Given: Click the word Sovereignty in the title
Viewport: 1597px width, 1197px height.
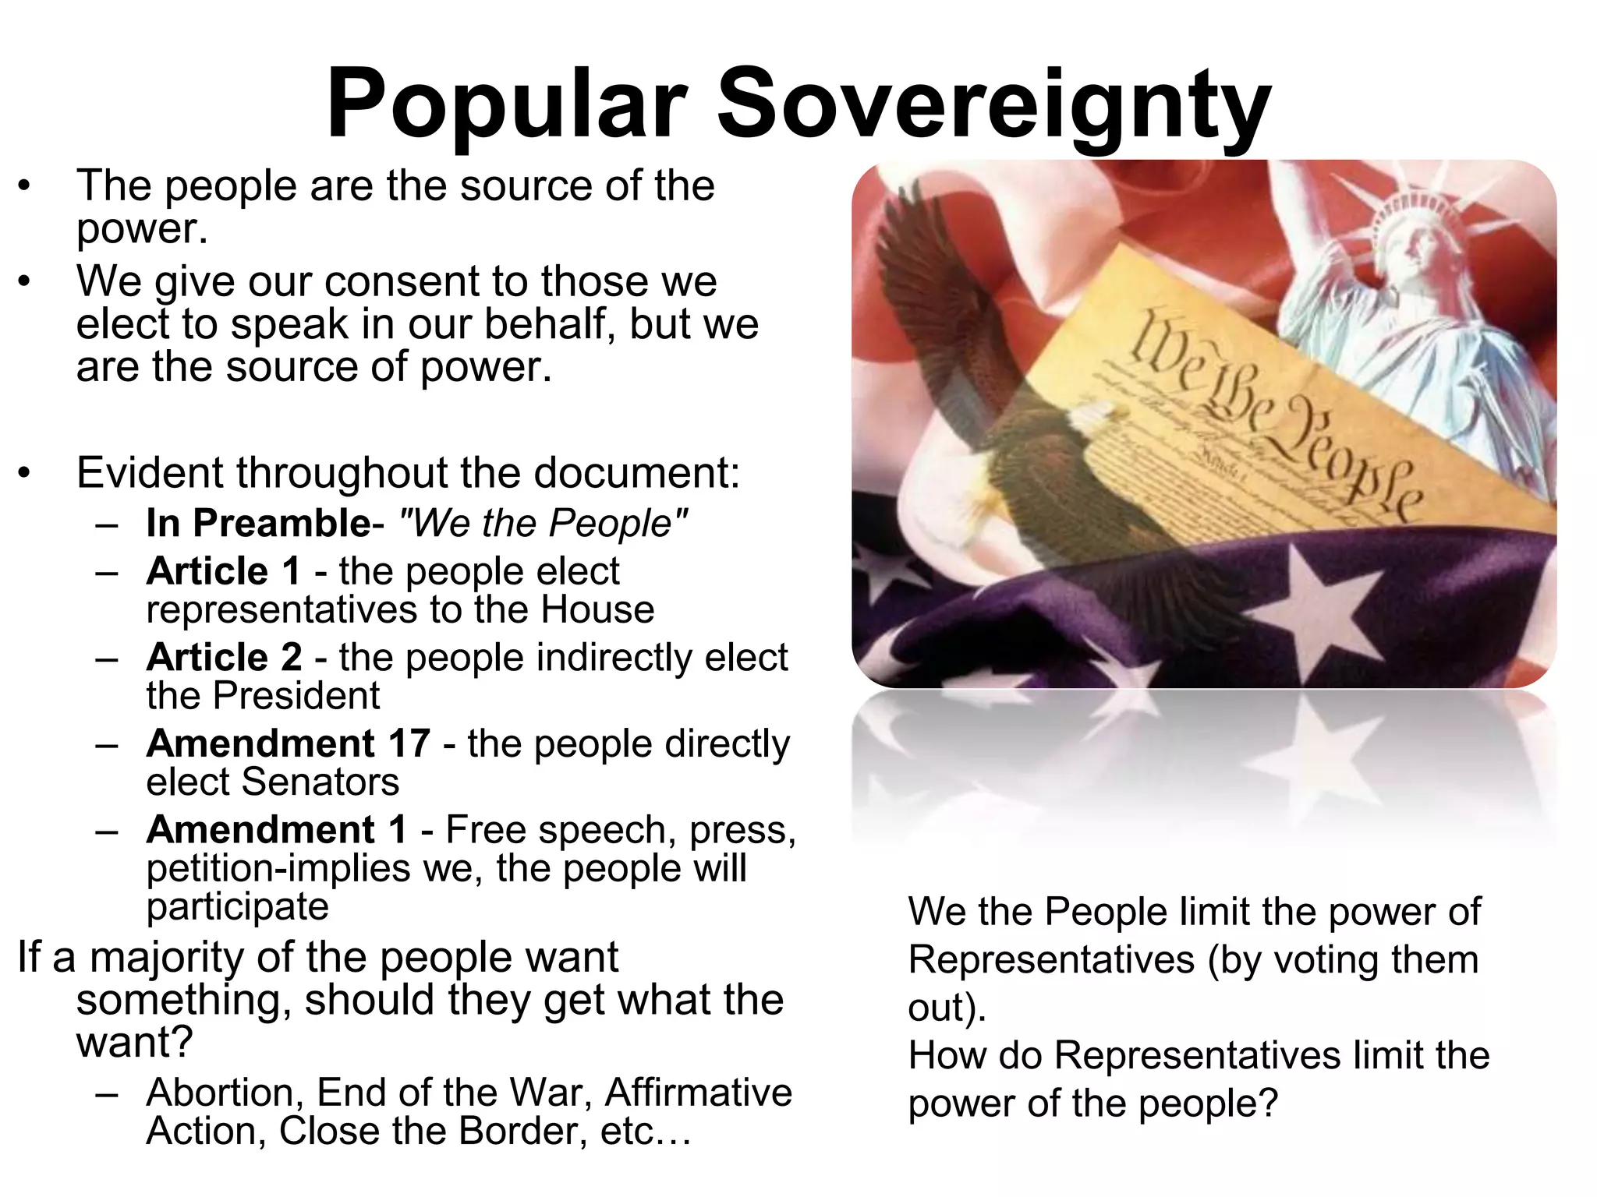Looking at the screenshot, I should click(x=994, y=105).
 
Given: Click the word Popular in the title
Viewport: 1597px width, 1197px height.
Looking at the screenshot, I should click(x=506, y=105).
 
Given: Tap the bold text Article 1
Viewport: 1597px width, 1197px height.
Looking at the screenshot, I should click(x=223, y=571).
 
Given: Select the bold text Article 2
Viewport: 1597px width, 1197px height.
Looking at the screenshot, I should click(x=224, y=657).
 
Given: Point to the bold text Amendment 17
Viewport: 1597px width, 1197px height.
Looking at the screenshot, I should click(x=288, y=743).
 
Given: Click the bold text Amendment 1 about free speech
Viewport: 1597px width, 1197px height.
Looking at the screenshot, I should click(x=276, y=829).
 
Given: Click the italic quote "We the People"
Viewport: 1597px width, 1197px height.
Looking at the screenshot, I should click(x=544, y=523).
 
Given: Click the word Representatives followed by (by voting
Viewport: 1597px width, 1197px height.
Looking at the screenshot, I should click(x=1051, y=959).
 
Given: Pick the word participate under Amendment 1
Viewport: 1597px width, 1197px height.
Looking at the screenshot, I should click(x=237, y=906).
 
